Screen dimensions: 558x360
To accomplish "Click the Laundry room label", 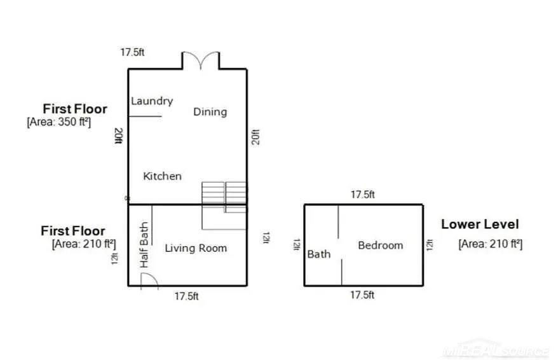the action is (152, 101).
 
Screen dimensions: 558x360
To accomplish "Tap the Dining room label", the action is (210, 112).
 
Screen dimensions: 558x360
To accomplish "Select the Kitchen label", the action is (162, 176).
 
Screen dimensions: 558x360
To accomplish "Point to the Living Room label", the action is (196, 248).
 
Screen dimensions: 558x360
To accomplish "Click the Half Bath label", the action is (144, 245).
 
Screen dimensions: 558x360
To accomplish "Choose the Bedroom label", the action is (381, 246).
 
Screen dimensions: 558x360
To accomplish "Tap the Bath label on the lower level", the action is (319, 254).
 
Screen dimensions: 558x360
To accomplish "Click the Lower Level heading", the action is (480, 225).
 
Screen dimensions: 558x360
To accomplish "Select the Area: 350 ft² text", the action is (59, 122).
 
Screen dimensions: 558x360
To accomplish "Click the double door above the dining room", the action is (201, 59).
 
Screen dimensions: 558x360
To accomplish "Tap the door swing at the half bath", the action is (149, 280).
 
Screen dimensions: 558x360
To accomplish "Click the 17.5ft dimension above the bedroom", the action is (363, 195).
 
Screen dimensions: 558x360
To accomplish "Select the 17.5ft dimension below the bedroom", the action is (362, 295).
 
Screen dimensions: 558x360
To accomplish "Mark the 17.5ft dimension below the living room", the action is (186, 296).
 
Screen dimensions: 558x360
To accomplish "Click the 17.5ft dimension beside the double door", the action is (132, 52).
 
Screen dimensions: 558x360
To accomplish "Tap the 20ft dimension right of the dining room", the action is (255, 137).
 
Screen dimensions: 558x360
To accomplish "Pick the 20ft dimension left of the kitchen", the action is (118, 136).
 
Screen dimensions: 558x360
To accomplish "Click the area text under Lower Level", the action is (491, 244).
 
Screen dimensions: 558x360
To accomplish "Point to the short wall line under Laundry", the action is (145, 116).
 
